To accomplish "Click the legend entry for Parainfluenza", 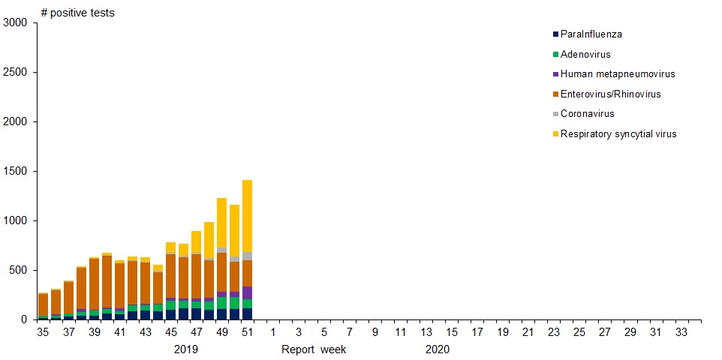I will pos(591,34).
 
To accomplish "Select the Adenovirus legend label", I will pos(585,55).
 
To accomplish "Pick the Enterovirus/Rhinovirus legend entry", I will pos(610,94).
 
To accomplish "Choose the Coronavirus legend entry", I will pos(588,114).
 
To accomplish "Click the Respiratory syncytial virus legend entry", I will pos(618,134).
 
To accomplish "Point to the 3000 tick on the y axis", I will pos(15,23).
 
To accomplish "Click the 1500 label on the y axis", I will pos(15,172).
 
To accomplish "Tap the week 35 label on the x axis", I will pos(44,332).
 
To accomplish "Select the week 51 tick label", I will pos(248,332).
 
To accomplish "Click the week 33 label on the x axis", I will pos(681,332).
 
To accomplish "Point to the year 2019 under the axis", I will pos(186,349).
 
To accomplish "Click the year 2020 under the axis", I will pos(438,349).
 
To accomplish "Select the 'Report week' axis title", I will pos(314,349).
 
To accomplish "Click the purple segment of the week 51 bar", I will pos(248,292).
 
